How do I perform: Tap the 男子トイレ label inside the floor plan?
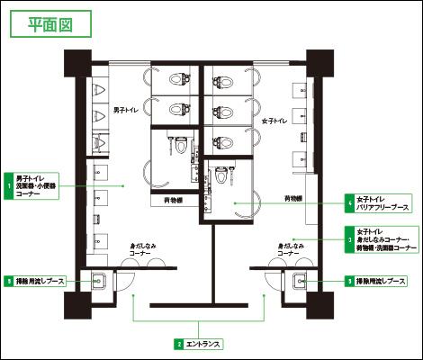coord(125,110)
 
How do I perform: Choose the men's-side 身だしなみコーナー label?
coord(143,249)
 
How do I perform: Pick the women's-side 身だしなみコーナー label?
coord(290,249)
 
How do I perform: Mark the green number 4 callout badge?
coord(349,202)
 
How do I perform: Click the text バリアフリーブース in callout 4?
coord(383,206)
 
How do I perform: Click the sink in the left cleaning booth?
coord(98,280)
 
